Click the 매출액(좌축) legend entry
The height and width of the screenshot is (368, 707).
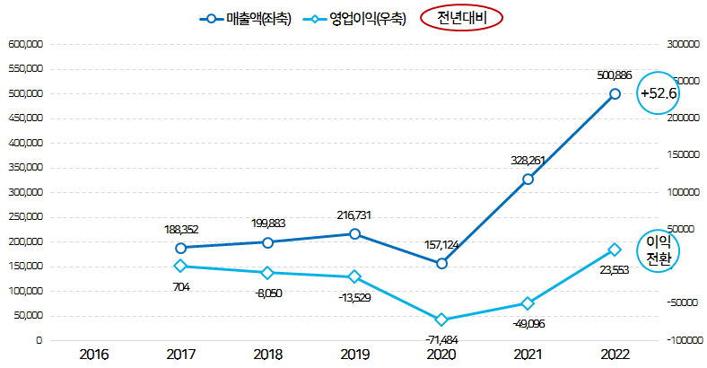tap(245, 18)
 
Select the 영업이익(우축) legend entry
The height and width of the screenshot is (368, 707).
tap(356, 18)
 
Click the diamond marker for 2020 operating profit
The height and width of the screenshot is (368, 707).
tap(441, 320)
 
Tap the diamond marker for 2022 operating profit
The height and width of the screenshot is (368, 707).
tap(615, 250)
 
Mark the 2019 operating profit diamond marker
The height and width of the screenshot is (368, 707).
tap(354, 276)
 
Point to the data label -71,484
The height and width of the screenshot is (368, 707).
tap(441, 339)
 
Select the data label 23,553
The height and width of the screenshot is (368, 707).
tap(615, 269)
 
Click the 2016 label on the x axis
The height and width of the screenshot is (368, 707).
tap(94, 355)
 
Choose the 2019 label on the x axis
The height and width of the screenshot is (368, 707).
tap(354, 355)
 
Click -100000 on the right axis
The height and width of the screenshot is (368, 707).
tap(685, 341)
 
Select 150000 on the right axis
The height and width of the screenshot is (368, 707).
tap(683, 154)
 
